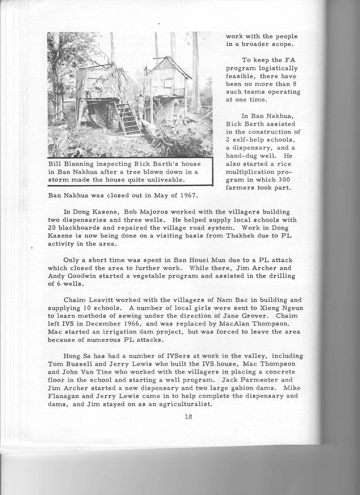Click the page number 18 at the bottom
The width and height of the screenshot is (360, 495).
coord(188,417)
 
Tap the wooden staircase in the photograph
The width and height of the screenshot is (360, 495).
coord(128,118)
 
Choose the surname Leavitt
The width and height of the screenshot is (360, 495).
coord(101,300)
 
